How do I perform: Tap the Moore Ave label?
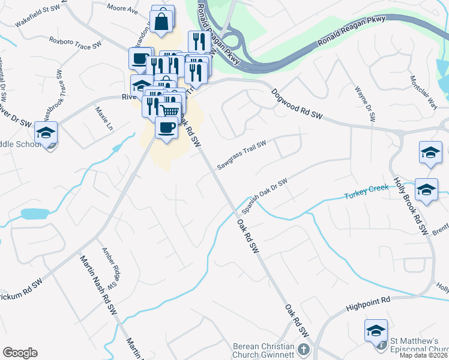(x=122, y=9)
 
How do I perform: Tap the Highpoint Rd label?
(x=368, y=304)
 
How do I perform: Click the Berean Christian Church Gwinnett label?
(x=264, y=351)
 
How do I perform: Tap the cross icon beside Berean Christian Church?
(x=304, y=349)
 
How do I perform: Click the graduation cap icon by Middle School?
(x=46, y=132)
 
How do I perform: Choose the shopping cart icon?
(x=170, y=110)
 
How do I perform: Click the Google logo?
(x=20, y=352)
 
